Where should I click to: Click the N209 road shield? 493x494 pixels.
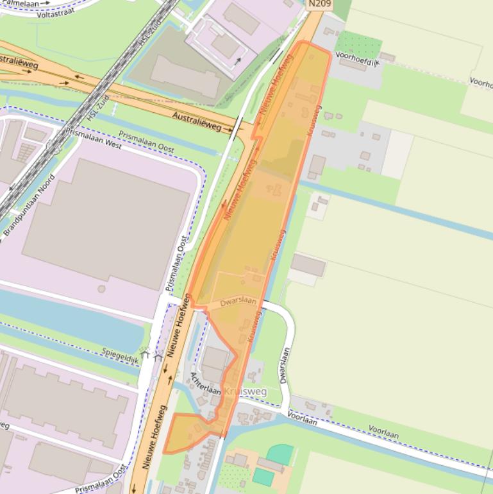(x=319, y=4)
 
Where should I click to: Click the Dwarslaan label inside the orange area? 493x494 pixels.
(x=238, y=302)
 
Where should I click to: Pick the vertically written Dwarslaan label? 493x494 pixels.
(x=285, y=366)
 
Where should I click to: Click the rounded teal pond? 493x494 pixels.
(x=280, y=454)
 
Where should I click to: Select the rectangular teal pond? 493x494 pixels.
(x=263, y=477)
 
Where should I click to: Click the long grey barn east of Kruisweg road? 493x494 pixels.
(x=308, y=264)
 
